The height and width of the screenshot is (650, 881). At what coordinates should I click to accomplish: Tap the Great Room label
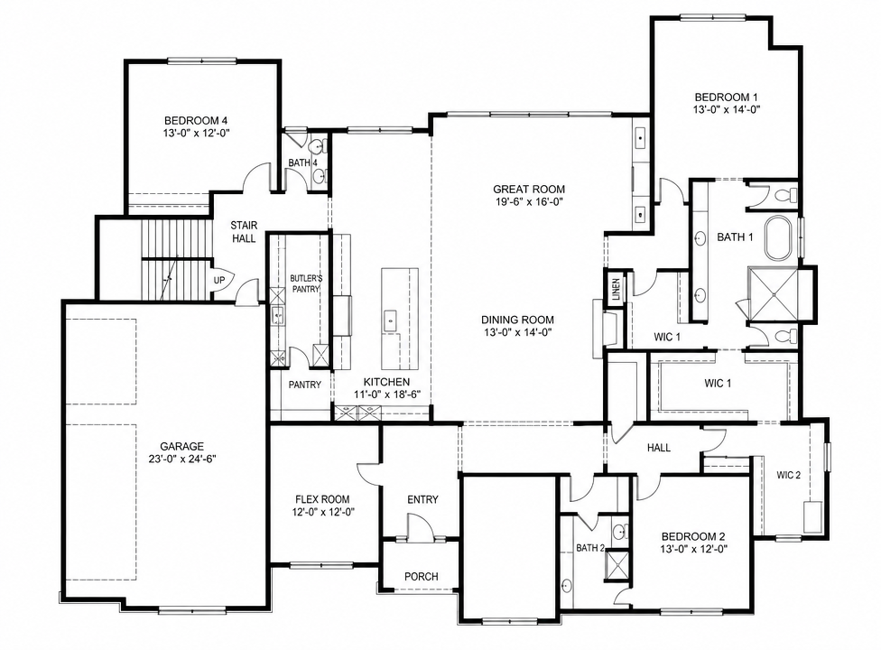click(x=529, y=190)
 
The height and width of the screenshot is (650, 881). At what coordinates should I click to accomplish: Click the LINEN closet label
click(x=616, y=289)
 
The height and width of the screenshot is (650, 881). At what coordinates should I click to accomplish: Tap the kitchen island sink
click(x=390, y=320)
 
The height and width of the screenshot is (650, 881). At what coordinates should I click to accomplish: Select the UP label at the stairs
click(x=219, y=280)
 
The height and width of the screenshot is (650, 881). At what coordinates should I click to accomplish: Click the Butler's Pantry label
click(x=306, y=283)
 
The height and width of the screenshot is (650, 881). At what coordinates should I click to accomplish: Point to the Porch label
click(x=422, y=576)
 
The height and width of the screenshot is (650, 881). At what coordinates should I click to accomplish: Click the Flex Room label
click(x=322, y=499)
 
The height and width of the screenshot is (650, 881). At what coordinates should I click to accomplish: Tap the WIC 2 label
click(x=788, y=475)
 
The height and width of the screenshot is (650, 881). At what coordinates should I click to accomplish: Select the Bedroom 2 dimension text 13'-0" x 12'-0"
click(x=697, y=549)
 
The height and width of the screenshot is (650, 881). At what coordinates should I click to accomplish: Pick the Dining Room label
click(x=517, y=320)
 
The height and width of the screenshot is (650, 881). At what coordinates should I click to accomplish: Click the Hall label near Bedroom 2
click(x=659, y=448)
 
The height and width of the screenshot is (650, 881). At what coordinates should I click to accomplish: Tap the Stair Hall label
click(x=244, y=231)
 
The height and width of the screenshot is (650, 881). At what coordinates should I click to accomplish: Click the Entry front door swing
click(x=420, y=528)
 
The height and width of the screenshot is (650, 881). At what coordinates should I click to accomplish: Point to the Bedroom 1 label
click(x=727, y=97)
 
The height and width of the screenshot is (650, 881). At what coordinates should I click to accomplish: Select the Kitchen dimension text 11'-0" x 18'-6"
click(x=387, y=395)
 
